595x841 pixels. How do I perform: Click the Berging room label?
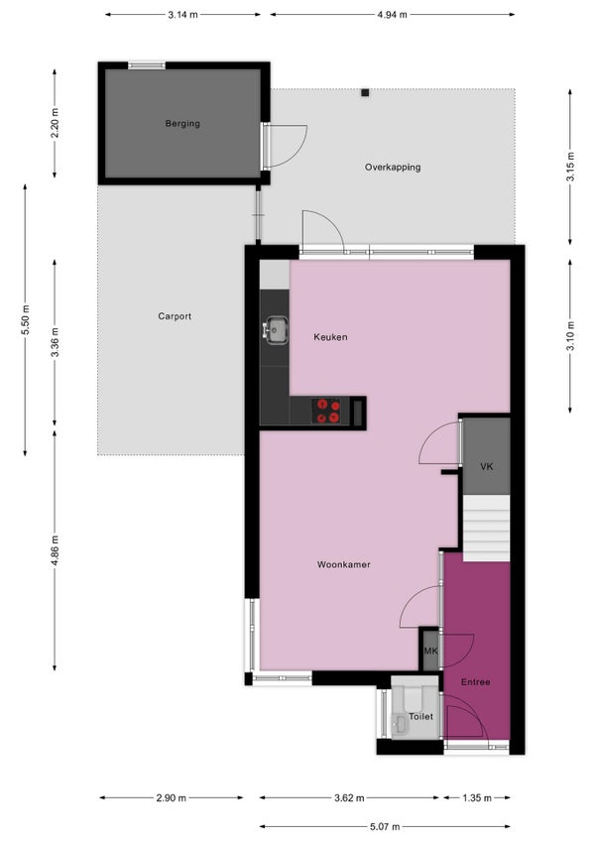pyautogui.click(x=182, y=124)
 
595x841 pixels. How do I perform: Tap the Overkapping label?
pyautogui.click(x=393, y=168)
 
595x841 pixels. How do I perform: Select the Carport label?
pyautogui.click(x=175, y=316)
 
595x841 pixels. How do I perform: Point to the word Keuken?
pyautogui.click(x=330, y=337)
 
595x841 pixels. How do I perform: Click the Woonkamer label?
pyautogui.click(x=343, y=564)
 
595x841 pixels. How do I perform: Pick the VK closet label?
pyautogui.click(x=486, y=467)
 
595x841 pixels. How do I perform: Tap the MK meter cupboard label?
pyautogui.click(x=430, y=652)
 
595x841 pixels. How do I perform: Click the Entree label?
pyautogui.click(x=475, y=682)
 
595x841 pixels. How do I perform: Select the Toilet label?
pyautogui.click(x=420, y=717)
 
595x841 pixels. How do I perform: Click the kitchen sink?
pyautogui.click(x=276, y=330)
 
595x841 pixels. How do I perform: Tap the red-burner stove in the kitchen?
pyautogui.click(x=327, y=411)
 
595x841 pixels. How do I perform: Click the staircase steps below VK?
pyautogui.click(x=486, y=529)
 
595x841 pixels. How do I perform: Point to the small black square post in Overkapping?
pyautogui.click(x=365, y=93)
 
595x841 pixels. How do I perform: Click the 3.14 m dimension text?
pyautogui.click(x=182, y=15)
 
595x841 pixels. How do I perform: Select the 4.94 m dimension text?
pyautogui.click(x=392, y=15)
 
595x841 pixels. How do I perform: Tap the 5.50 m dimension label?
pyautogui.click(x=25, y=320)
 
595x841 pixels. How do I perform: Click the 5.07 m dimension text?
pyautogui.click(x=385, y=826)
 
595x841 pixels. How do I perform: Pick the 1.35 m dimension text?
pyautogui.click(x=477, y=798)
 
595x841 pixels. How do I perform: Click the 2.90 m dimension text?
pyautogui.click(x=172, y=798)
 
